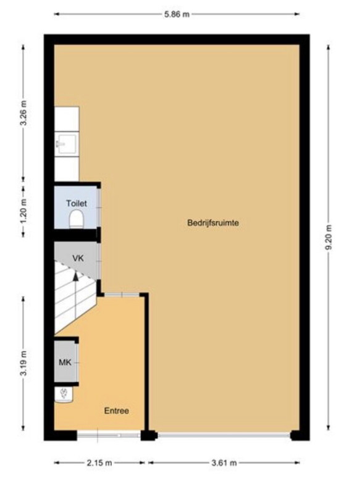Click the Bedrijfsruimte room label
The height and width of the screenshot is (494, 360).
tap(213, 223)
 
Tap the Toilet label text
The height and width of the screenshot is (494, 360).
tap(77, 203)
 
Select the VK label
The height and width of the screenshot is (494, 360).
tap(78, 258)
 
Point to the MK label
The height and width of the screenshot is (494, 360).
tap(65, 362)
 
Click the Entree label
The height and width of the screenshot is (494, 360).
tap(117, 411)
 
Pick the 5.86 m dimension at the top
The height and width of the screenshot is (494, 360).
tap(177, 14)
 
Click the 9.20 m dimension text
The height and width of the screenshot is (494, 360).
tap(329, 238)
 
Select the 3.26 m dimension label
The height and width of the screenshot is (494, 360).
tap(23, 113)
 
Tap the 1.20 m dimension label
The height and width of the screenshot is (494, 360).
tap(23, 210)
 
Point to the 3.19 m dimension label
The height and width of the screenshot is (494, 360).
tap(23, 363)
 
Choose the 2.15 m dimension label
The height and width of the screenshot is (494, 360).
tap(99, 463)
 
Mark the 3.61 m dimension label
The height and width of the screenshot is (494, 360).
tap(224, 463)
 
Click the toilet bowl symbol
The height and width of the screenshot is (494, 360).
tap(76, 219)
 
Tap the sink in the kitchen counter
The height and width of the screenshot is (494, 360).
tap(66, 144)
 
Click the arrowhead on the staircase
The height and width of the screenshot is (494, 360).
tap(75, 276)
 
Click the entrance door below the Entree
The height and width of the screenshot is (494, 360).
tap(109, 435)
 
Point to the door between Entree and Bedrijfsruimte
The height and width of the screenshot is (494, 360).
tap(122, 295)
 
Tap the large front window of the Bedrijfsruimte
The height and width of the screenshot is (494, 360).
tap(224, 435)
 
